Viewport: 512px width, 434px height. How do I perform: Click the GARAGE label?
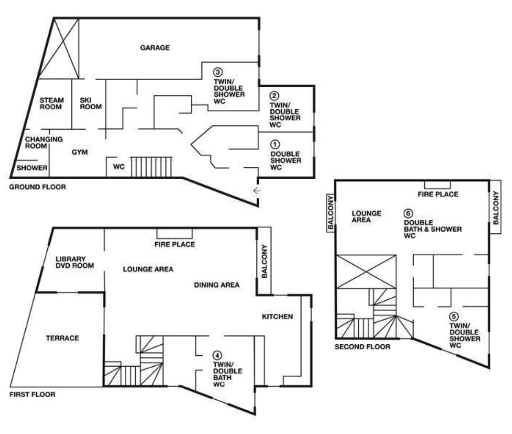(x=155, y=48)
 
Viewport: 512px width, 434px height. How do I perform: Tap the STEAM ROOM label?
(x=52, y=104)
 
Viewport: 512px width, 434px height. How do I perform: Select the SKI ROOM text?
(x=90, y=104)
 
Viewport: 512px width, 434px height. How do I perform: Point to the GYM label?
(x=80, y=152)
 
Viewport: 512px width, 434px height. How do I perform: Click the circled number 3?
(x=218, y=72)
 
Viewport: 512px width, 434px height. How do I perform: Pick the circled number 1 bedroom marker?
(x=275, y=144)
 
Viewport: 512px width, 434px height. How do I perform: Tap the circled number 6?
(x=408, y=213)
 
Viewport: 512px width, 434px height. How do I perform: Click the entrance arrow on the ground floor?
(x=257, y=191)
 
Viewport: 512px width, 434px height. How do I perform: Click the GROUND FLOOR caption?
(x=38, y=187)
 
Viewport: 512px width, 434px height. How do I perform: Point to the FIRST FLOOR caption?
(x=33, y=394)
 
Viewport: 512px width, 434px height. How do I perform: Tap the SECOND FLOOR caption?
(x=362, y=347)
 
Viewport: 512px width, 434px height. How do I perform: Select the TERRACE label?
(x=62, y=338)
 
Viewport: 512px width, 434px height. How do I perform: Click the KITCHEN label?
(x=278, y=317)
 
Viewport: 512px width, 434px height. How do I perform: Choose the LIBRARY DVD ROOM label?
(x=75, y=262)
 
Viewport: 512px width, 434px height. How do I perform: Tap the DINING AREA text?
(x=217, y=285)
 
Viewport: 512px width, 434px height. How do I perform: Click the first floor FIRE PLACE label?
(x=174, y=244)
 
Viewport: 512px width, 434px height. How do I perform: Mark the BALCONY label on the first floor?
(x=265, y=261)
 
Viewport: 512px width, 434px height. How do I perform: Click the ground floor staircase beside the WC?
(x=151, y=167)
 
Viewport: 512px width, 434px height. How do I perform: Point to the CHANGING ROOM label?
(x=44, y=143)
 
